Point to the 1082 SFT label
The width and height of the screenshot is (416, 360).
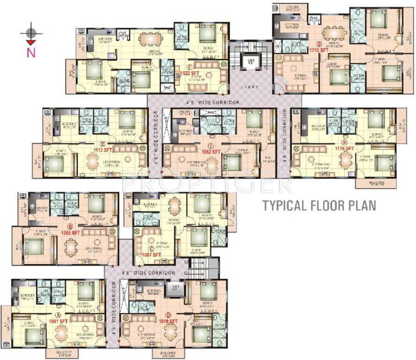pyautogui.click(x=210, y=152)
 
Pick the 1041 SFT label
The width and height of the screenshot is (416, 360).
pyautogui.click(x=59, y=321)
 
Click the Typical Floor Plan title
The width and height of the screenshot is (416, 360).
pyautogui.click(x=319, y=205)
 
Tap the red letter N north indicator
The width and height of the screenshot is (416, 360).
pyautogui.click(x=31, y=52)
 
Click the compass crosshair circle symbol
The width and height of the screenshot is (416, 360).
pyautogui.click(x=31, y=33)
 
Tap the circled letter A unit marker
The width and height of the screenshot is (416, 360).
pyautogui.click(x=59, y=315)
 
